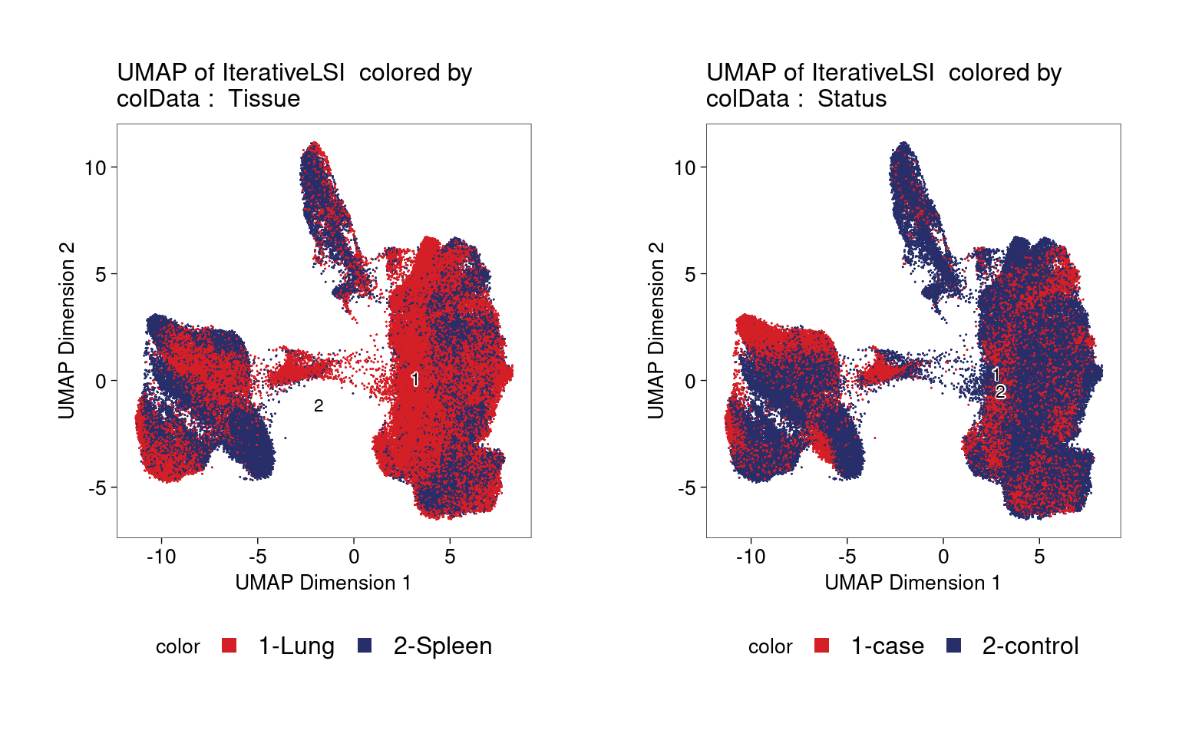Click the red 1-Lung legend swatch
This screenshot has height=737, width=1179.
click(x=229, y=646)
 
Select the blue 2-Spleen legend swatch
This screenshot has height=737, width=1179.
click(x=365, y=646)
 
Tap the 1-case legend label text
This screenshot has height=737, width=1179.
click(x=887, y=646)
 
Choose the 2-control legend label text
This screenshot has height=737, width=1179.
click(x=1031, y=646)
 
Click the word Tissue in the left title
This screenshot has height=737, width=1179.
click(x=264, y=98)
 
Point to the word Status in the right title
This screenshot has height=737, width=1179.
click(x=852, y=98)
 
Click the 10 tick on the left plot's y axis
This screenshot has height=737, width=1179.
click(x=95, y=168)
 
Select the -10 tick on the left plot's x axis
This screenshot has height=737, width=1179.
click(x=161, y=557)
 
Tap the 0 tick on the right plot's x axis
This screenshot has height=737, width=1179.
click(x=943, y=557)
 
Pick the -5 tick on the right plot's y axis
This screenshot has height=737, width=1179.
click(x=685, y=488)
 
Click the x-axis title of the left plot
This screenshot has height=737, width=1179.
click(x=323, y=583)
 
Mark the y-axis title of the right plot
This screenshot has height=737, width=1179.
click(x=656, y=331)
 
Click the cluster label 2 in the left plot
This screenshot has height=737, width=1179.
click(x=319, y=406)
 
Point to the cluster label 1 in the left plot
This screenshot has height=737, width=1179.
click(x=415, y=379)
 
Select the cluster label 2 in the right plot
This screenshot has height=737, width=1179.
click(x=1001, y=391)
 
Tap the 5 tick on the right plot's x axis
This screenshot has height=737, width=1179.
click(x=1039, y=557)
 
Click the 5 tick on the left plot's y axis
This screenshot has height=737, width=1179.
click(x=101, y=274)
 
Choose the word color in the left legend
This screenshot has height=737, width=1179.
click(x=178, y=646)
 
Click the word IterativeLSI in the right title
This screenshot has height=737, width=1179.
click(x=873, y=72)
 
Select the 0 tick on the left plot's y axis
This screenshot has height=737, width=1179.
click(x=101, y=381)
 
